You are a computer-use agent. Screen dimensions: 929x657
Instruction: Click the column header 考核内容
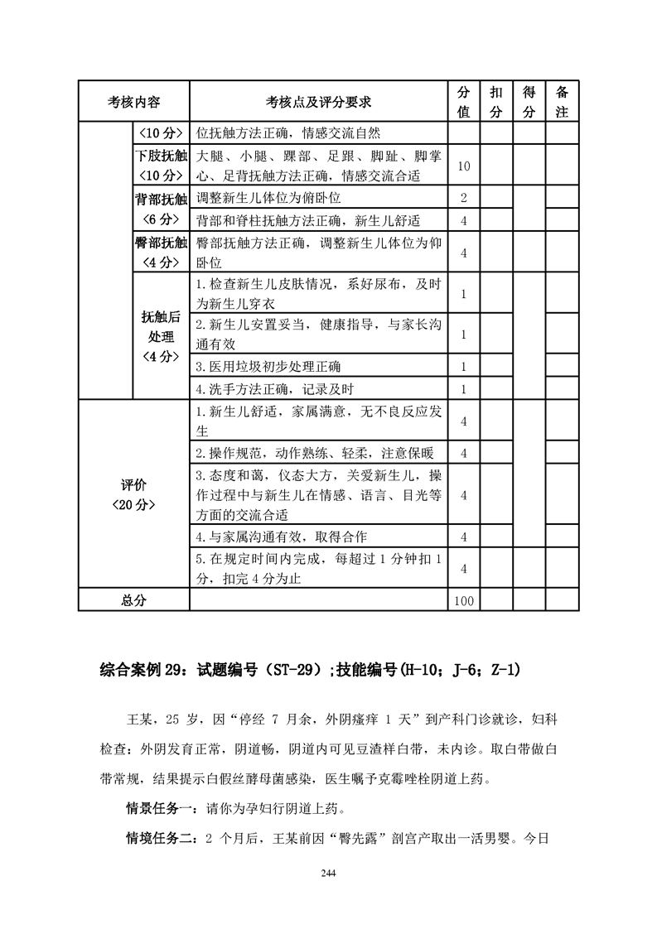(x=134, y=102)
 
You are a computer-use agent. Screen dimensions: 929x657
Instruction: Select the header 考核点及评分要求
(x=318, y=102)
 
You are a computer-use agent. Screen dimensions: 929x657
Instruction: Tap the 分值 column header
(x=464, y=102)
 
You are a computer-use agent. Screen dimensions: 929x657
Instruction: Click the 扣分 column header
(x=496, y=102)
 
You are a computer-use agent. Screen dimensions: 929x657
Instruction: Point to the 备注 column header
(x=562, y=102)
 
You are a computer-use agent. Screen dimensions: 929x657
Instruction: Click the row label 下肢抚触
(x=161, y=165)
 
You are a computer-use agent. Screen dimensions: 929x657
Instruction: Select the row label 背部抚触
(x=161, y=209)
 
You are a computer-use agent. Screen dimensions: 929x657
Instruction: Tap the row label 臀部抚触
(x=161, y=252)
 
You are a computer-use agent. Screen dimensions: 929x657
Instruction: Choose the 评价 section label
(x=134, y=493)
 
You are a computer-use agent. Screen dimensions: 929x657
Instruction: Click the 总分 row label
(x=134, y=600)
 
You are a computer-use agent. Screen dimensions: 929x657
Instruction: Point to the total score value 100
(x=464, y=600)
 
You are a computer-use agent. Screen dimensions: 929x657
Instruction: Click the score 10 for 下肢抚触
(x=464, y=166)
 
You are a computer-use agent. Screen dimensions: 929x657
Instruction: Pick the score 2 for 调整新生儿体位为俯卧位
(x=464, y=198)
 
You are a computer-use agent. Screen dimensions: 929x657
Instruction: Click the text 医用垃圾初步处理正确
(x=268, y=366)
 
